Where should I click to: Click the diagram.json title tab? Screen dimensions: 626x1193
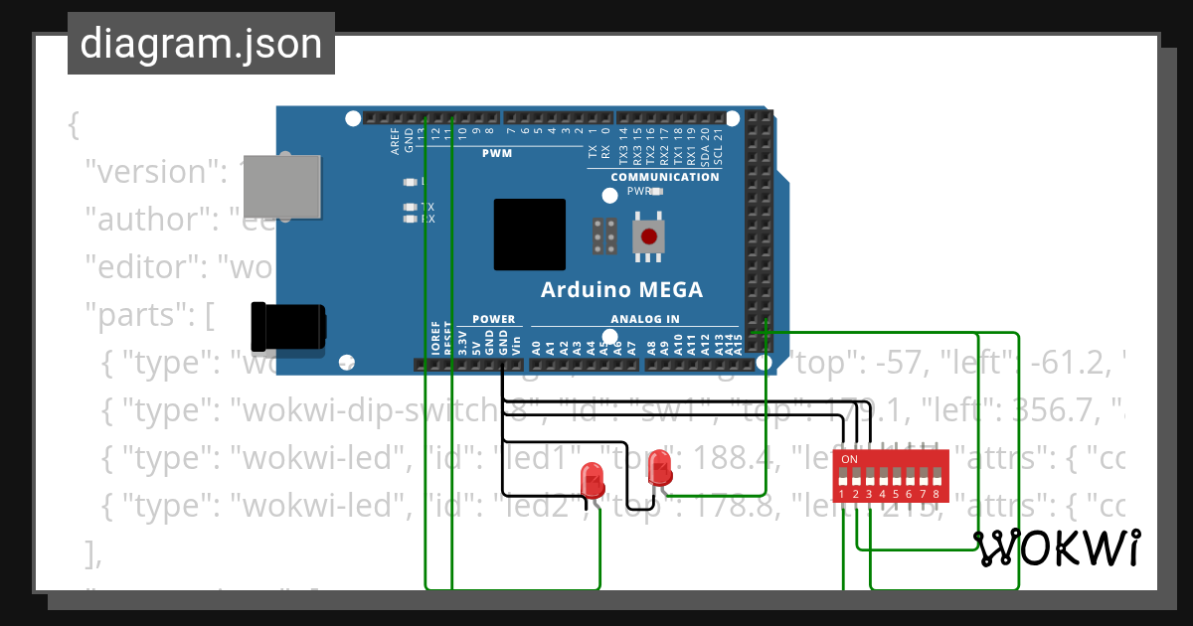201,44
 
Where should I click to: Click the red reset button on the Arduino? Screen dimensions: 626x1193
649,237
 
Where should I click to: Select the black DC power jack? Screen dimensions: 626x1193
289,327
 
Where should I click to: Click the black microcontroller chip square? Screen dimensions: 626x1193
530,235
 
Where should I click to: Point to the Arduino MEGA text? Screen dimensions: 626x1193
621,290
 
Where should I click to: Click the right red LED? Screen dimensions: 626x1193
659,467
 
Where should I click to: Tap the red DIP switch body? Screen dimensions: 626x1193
891,476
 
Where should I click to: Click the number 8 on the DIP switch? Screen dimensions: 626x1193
936,494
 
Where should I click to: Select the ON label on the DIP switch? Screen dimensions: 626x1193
849,460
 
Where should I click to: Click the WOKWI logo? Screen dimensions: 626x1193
1057,548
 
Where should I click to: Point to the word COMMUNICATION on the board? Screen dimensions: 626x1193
664,177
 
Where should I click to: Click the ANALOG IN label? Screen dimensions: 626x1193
644,319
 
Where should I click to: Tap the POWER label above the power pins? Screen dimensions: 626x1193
493,319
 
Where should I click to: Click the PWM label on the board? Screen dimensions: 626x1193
496,153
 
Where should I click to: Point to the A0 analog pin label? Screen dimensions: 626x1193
537,348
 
